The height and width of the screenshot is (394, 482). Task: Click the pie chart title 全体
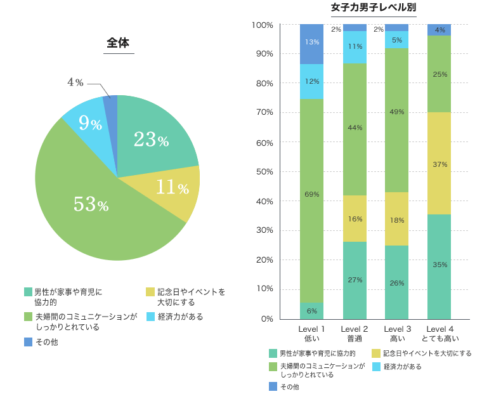click(x=118, y=43)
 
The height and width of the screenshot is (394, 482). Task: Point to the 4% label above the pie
click(x=75, y=82)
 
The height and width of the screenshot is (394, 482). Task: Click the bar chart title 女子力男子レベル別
click(x=374, y=8)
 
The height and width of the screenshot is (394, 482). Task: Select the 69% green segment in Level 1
click(x=311, y=194)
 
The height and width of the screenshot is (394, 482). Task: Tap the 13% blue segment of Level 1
click(x=311, y=43)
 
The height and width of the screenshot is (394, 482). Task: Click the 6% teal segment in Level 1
click(x=311, y=311)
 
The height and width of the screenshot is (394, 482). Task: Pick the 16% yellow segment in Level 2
click(x=355, y=219)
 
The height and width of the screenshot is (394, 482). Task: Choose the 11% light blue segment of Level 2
click(x=355, y=47)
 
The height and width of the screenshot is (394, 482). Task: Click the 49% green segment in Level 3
click(x=397, y=112)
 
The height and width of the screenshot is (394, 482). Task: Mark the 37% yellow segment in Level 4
click(x=440, y=164)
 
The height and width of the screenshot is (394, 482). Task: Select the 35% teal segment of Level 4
click(x=440, y=265)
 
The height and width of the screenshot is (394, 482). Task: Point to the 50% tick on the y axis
click(x=262, y=172)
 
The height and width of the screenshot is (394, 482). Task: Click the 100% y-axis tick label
click(x=262, y=25)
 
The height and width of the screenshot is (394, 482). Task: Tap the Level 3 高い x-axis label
click(x=397, y=333)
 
